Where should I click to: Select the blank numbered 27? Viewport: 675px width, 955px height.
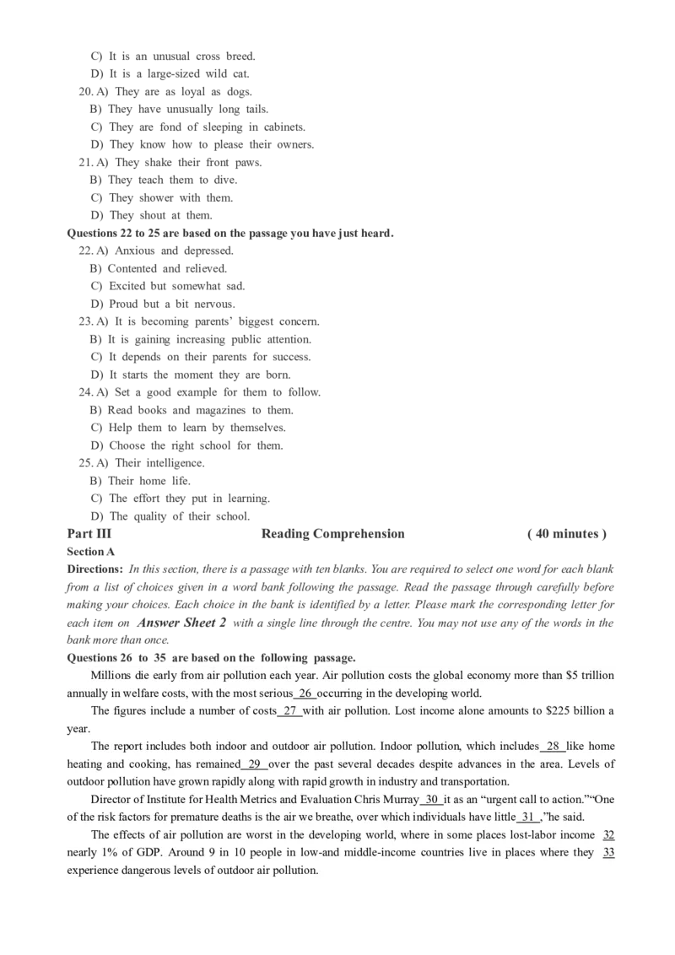tap(291, 711)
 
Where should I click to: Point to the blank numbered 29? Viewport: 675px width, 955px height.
tap(254, 763)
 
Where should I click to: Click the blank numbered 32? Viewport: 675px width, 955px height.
tap(607, 834)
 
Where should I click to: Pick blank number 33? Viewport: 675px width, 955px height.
tap(607, 852)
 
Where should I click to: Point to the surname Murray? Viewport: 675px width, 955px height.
tap(399, 799)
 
